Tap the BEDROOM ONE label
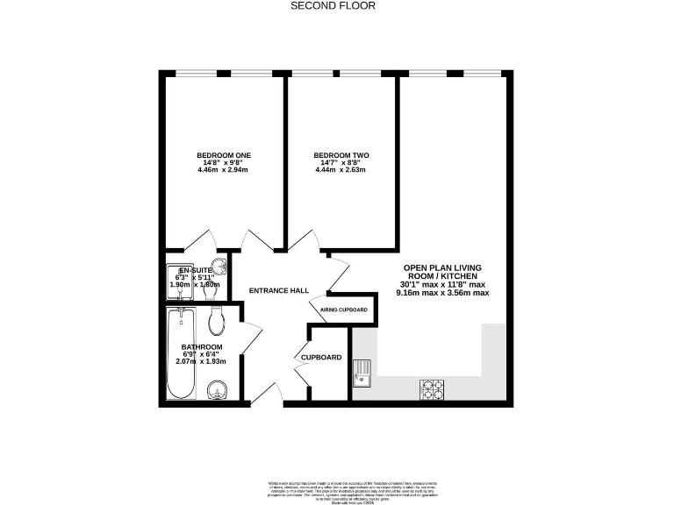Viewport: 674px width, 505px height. (224, 155)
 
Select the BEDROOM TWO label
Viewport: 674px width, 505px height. (341, 155)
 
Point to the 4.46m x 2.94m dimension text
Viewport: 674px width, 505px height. (224, 169)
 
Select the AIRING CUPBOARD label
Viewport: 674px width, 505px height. (337, 309)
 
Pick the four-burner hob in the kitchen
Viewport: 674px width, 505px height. (432, 386)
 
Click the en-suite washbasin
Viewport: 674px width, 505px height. (222, 267)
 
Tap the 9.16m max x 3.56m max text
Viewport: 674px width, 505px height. (443, 293)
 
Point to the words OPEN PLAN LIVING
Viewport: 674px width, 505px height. (442, 267)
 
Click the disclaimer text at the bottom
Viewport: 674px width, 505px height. (337, 490)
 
